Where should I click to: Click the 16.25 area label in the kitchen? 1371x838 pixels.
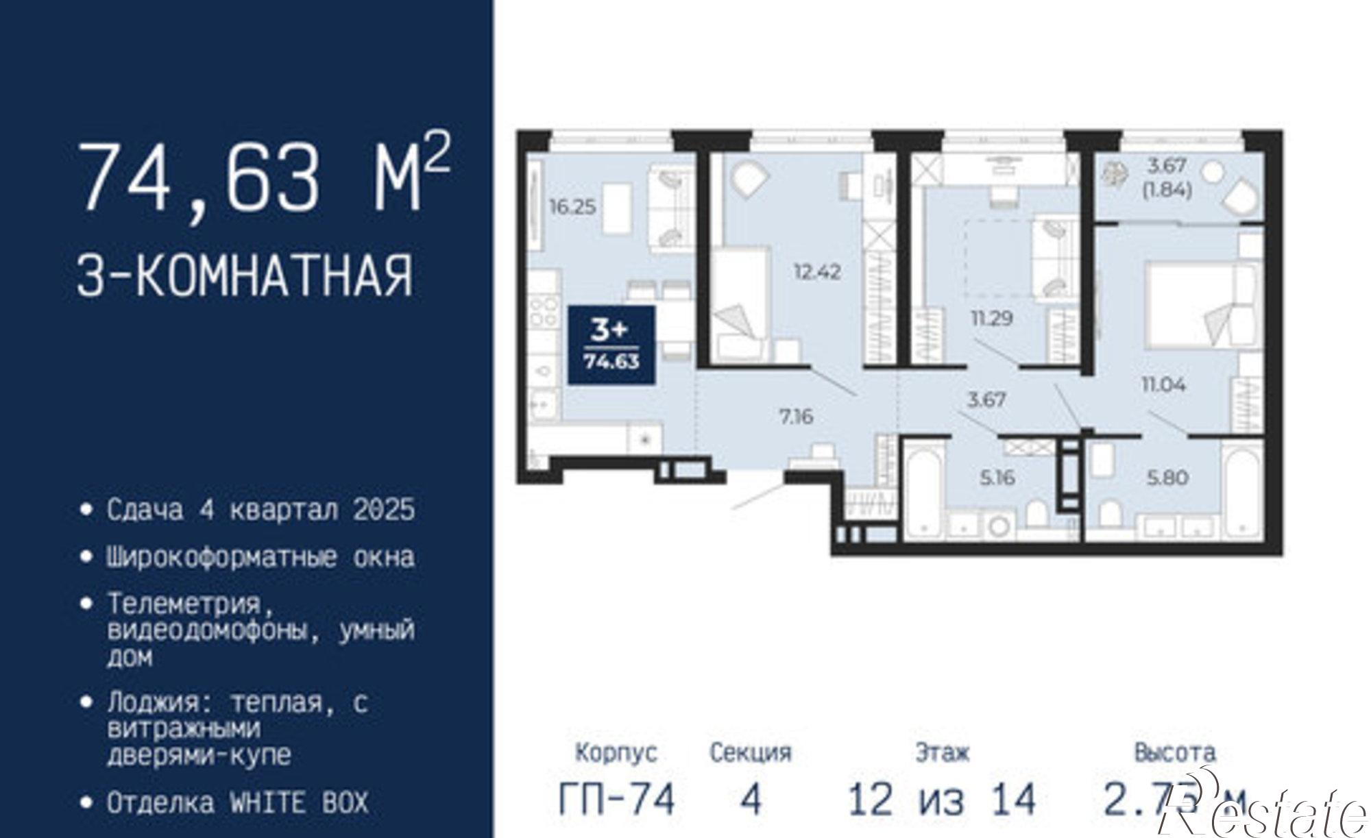pyautogui.click(x=572, y=206)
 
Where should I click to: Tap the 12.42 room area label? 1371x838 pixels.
pyautogui.click(x=817, y=272)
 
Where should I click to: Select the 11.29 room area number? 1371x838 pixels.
pyautogui.click(x=991, y=318)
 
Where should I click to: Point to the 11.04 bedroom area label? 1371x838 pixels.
pyautogui.click(x=1163, y=384)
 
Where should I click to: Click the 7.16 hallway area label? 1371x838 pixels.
pyautogui.click(x=796, y=416)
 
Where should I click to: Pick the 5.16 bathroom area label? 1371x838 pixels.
pyautogui.click(x=997, y=478)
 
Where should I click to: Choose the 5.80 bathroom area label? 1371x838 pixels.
pyautogui.click(x=1167, y=478)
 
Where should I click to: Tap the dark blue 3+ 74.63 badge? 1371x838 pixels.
pyautogui.click(x=611, y=345)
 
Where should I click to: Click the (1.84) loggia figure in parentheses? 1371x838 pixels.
pyautogui.click(x=1167, y=190)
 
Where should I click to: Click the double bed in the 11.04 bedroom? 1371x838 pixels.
pyautogui.click(x=1200, y=305)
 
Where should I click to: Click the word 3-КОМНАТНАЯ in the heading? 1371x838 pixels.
pyautogui.click(x=245, y=275)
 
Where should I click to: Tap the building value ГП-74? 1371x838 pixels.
pyautogui.click(x=617, y=799)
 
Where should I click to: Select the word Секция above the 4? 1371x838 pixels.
pyautogui.click(x=751, y=753)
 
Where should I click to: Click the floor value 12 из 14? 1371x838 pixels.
pyautogui.click(x=942, y=799)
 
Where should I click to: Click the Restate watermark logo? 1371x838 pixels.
pyautogui.click(x=1268, y=812)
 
